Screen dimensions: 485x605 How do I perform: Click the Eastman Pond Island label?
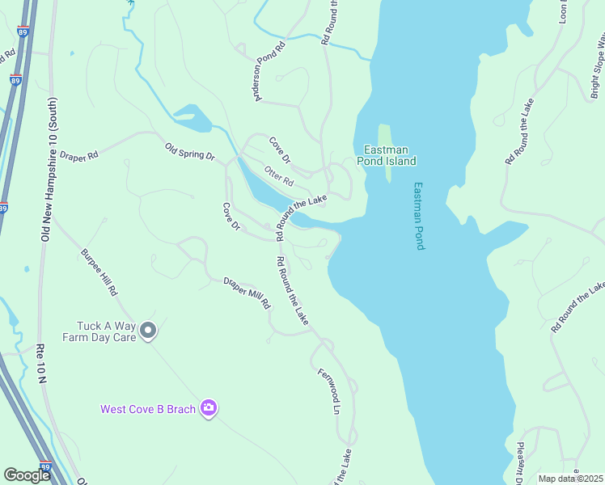[389, 155]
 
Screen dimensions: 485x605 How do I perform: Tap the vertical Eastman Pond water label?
[418, 215]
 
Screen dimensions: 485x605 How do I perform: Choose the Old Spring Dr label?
[190, 151]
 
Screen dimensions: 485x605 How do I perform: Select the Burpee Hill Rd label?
[99, 271]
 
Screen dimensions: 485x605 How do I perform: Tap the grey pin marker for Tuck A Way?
[148, 330]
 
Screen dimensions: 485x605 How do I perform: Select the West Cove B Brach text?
[148, 409]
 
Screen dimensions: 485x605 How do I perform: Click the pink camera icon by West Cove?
[209, 408]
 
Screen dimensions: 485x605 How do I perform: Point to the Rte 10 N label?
[40, 363]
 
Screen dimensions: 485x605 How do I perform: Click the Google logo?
[27, 475]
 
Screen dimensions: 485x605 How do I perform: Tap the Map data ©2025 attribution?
[569, 479]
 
